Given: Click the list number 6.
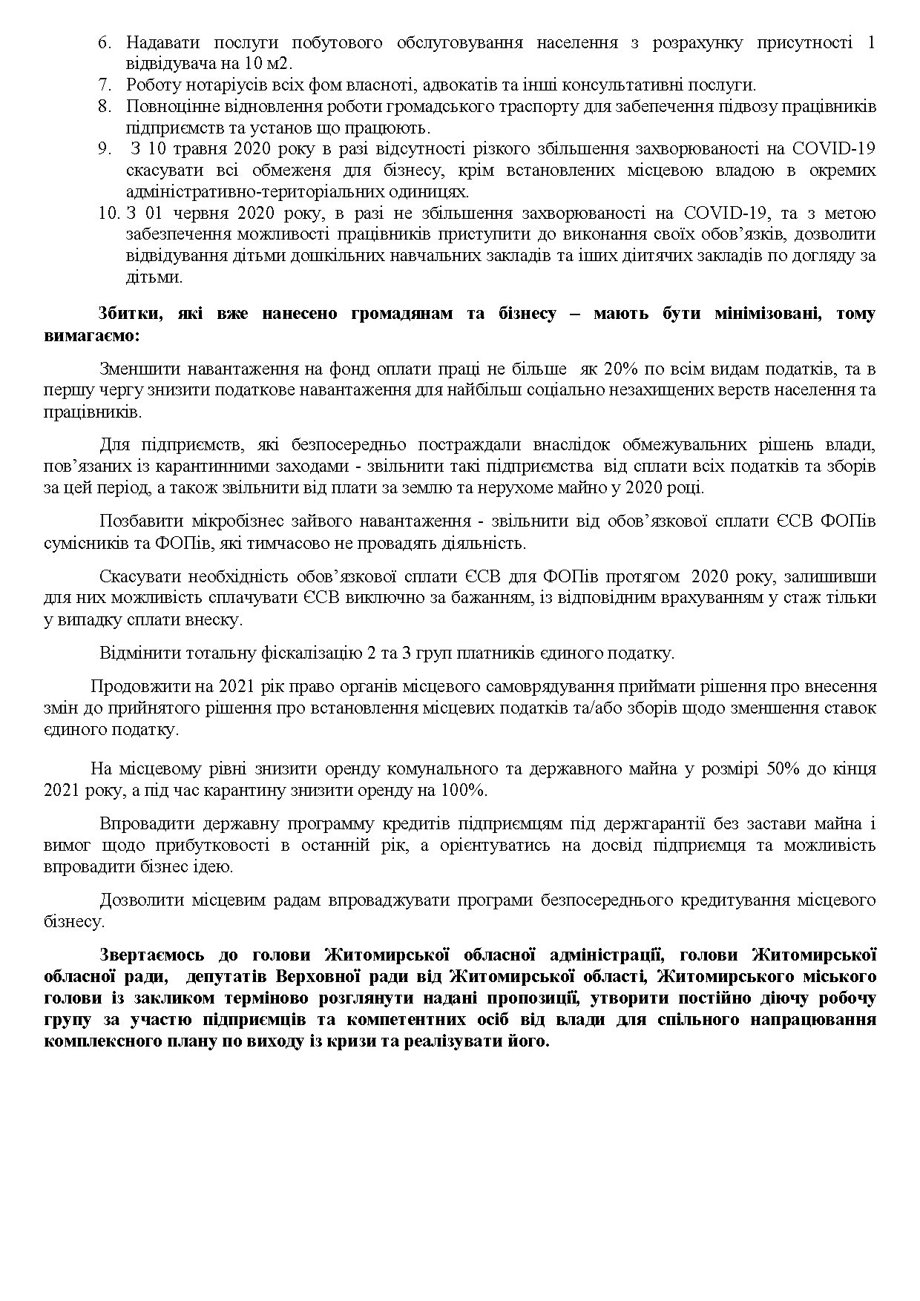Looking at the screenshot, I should coord(104,43).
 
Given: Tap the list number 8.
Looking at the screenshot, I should coord(104,107).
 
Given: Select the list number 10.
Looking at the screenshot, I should coord(108,214).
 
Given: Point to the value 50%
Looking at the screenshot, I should coord(778,769).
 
